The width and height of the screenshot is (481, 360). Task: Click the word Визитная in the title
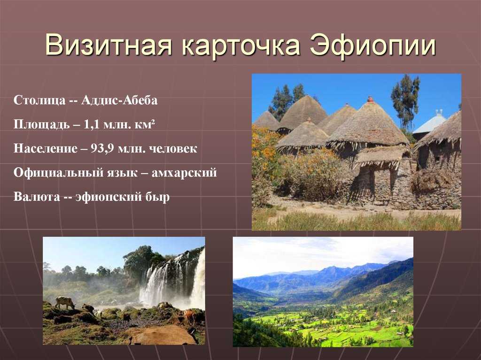pos(109,46)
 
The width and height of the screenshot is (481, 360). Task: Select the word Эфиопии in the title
pos(372,46)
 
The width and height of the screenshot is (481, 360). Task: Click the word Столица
pos(39,100)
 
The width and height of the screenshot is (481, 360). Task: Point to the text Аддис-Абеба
pos(119,100)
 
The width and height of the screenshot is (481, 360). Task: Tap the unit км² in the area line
pos(145,124)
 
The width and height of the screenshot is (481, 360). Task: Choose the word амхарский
pos(184,173)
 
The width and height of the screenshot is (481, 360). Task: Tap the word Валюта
pos(37,197)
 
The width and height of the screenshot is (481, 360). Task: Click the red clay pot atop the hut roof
pos(371,100)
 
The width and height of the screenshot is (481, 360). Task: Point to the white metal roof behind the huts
pos(429,123)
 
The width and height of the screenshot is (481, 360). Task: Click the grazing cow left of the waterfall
pos(65,302)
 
